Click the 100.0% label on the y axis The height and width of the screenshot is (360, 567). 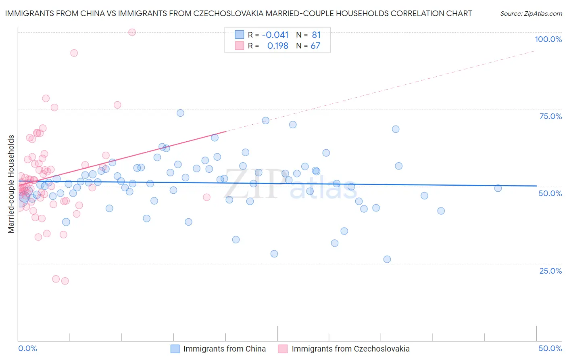tap(548, 39)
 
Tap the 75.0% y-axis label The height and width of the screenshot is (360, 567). tap(550, 116)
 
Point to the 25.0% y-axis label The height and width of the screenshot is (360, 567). tap(550, 271)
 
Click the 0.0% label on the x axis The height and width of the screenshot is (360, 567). tap(27, 348)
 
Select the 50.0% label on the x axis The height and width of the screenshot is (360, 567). tap(550, 348)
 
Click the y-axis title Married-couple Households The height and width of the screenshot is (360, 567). tap(11, 184)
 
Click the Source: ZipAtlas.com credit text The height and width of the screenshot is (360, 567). tap(531, 14)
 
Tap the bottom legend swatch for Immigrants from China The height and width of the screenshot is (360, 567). tap(175, 349)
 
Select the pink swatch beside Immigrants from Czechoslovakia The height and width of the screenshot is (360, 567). tap(283, 349)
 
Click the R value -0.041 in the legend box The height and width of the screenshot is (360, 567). tap(275, 35)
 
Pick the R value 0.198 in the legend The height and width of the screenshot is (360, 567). tap(277, 46)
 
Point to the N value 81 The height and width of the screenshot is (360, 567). tap(316, 35)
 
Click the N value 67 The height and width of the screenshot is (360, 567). tap(315, 46)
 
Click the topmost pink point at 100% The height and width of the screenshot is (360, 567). tap(132, 32)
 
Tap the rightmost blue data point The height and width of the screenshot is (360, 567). tap(498, 188)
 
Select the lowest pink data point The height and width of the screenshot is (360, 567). tap(65, 281)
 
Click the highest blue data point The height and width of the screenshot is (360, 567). tap(181, 113)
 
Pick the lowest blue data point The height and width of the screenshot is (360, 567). tap(387, 259)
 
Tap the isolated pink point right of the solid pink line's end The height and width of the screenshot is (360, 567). tap(206, 197)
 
